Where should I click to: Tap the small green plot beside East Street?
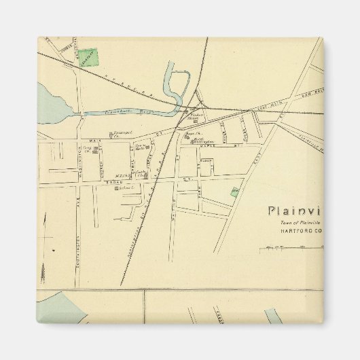click(x=234, y=193)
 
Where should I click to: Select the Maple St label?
click(x=221, y=144)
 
